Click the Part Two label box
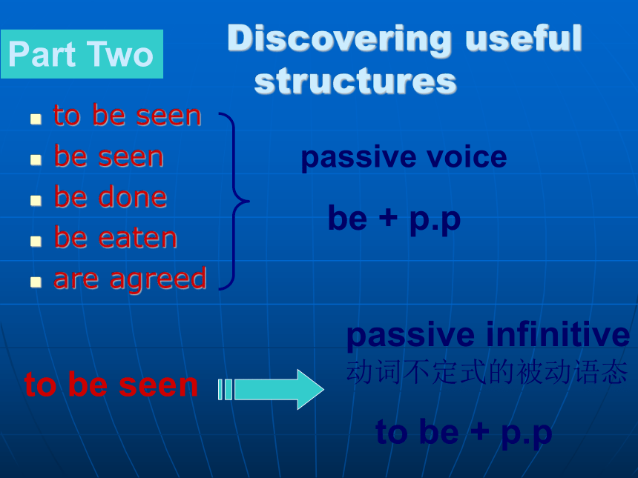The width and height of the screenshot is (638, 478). [82, 54]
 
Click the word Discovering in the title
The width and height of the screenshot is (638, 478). [339, 39]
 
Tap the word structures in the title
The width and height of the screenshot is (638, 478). [355, 82]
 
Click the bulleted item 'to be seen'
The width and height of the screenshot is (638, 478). [128, 115]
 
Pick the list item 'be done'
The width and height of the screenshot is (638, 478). [111, 196]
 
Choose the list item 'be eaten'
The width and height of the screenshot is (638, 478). [116, 237]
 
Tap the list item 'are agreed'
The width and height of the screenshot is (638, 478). [131, 279]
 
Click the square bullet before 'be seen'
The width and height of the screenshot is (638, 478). [36, 159]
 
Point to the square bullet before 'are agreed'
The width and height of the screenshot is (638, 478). [36, 282]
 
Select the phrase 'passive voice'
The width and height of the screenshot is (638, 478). [404, 157]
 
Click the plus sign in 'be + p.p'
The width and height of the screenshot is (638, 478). [388, 217]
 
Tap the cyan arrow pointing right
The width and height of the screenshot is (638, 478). [271, 389]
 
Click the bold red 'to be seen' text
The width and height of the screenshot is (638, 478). [111, 384]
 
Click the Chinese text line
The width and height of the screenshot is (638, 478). [487, 372]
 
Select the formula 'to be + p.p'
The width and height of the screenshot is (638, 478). [464, 433]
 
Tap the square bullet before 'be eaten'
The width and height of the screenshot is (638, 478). [36, 241]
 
